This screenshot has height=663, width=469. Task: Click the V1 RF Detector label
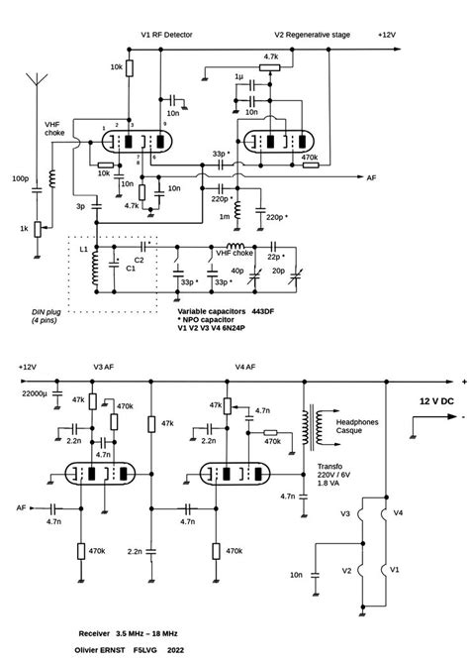click(x=165, y=33)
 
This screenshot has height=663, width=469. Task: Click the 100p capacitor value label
click(x=20, y=179)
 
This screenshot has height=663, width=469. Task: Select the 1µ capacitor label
click(x=239, y=76)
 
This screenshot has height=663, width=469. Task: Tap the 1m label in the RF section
click(x=225, y=215)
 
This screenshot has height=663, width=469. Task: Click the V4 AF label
click(x=245, y=367)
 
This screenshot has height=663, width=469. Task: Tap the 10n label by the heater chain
click(x=296, y=573)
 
